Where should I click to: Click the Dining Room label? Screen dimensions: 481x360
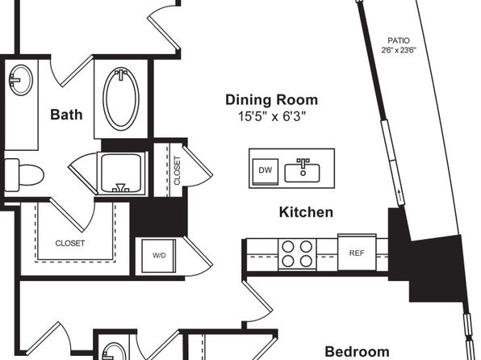(271, 100)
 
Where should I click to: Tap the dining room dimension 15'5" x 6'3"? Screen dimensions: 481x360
(273, 116)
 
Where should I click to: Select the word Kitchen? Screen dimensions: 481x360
(306, 212)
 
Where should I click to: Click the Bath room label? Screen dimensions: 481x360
(66, 115)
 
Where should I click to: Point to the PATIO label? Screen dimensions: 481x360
(399, 40)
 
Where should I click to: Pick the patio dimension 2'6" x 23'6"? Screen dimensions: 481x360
(399, 50)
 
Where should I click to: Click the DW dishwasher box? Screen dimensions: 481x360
(266, 171)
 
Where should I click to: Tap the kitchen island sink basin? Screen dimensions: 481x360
(302, 173)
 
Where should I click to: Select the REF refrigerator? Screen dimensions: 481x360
(357, 253)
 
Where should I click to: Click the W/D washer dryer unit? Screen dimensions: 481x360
(159, 256)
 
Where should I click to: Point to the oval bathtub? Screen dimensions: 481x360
(121, 98)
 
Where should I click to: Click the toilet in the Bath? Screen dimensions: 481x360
(24, 174)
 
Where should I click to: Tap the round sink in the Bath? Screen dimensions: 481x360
(20, 80)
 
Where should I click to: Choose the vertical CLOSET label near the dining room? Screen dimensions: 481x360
(177, 170)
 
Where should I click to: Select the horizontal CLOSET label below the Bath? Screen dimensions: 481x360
(70, 243)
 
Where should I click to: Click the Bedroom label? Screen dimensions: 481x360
(357, 352)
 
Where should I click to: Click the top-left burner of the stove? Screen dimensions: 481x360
(288, 246)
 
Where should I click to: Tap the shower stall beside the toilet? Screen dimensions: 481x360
(121, 173)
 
